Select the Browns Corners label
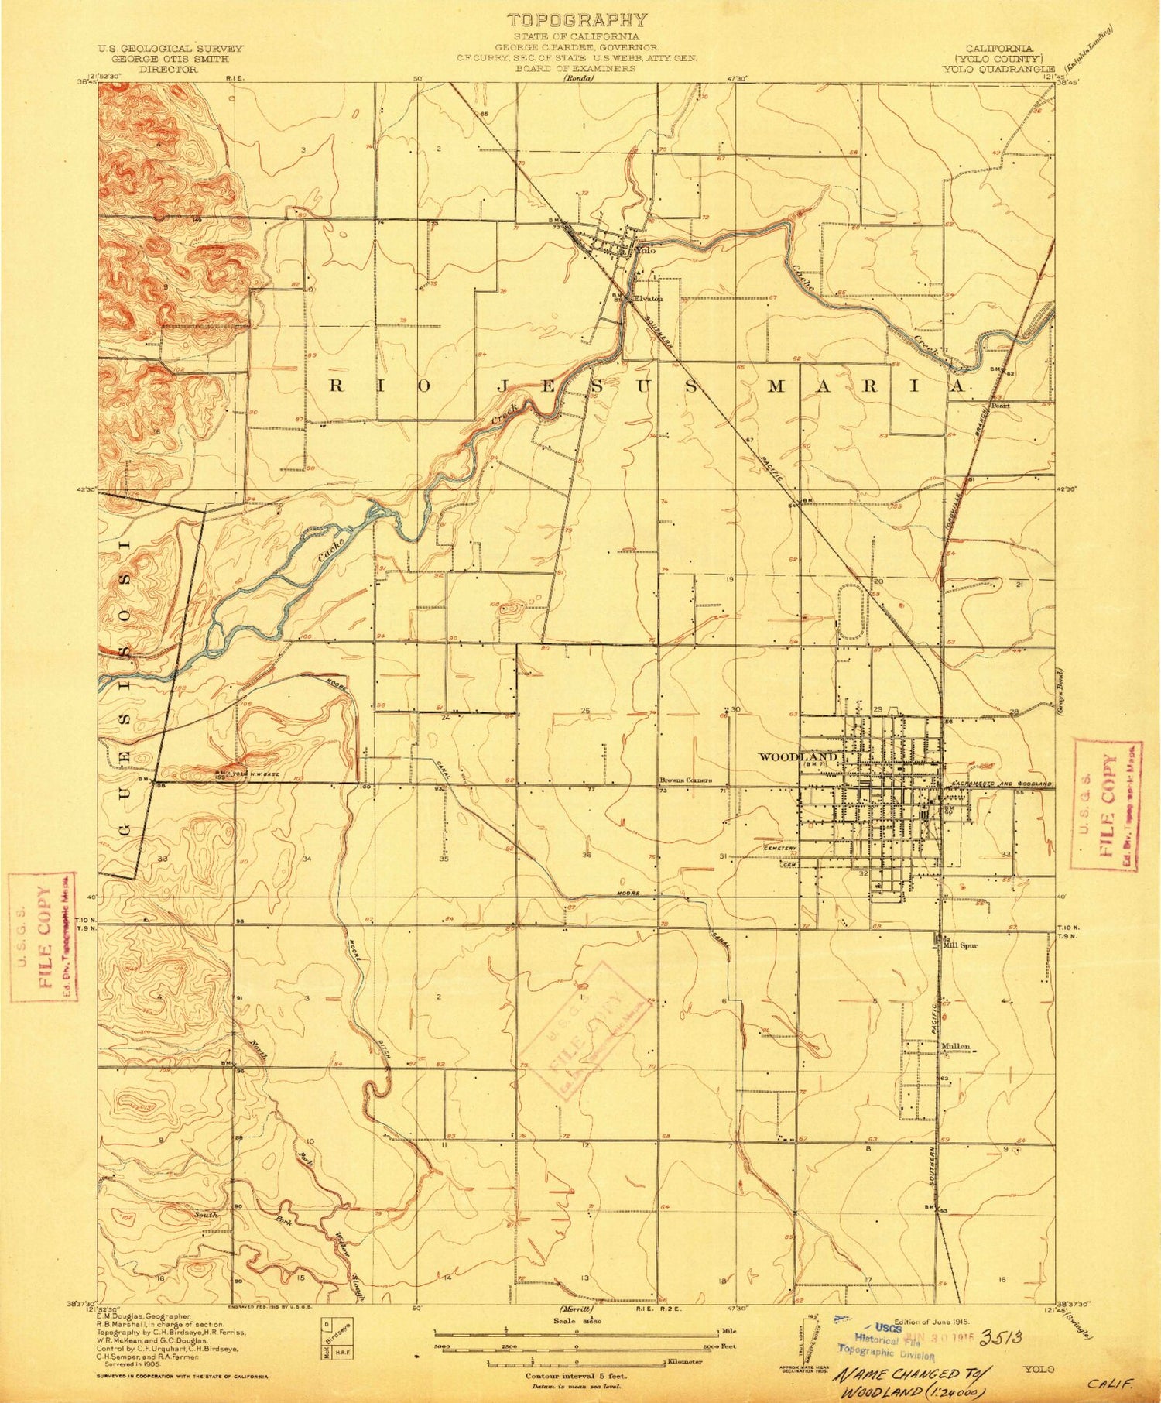point(685,780)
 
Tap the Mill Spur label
point(957,945)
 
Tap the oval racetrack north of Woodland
point(851,611)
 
